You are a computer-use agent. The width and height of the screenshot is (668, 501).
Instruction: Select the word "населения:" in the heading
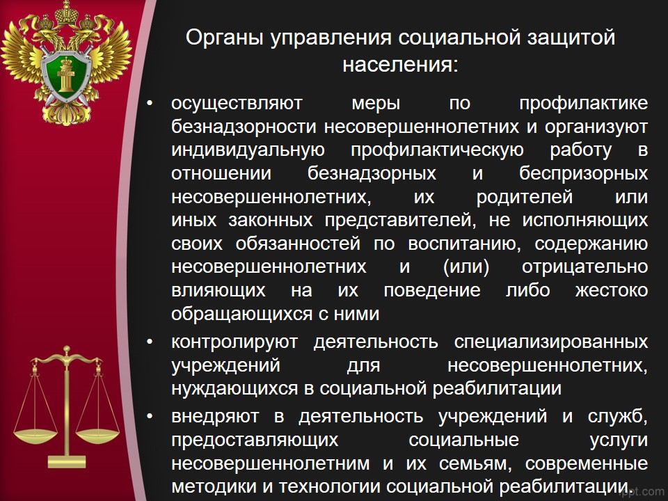coord(400,65)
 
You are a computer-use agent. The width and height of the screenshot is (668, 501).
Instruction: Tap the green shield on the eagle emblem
coord(66,75)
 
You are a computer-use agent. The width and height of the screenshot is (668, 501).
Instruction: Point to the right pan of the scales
coord(97,436)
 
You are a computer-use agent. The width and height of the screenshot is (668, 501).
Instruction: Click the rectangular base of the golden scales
coord(67,462)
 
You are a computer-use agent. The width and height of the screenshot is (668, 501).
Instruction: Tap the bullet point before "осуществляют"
coord(149,103)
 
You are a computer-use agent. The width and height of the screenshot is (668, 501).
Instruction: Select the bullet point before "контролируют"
coord(149,342)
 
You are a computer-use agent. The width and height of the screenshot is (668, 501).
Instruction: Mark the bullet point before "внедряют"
coord(149,415)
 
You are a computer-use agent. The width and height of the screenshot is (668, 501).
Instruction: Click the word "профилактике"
coord(584,104)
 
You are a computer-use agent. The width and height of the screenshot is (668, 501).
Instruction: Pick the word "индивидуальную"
coord(248,151)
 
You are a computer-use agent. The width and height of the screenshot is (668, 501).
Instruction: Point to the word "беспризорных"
coord(584,174)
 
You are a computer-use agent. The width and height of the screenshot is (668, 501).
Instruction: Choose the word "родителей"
coord(525,197)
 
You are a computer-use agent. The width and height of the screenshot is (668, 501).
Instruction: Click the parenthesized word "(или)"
coord(466,267)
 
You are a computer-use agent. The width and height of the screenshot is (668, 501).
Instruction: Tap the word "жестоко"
coord(612,291)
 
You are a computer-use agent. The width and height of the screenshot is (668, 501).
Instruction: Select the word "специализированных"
coord(551,342)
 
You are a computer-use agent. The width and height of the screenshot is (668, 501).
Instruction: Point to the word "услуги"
coord(619,440)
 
